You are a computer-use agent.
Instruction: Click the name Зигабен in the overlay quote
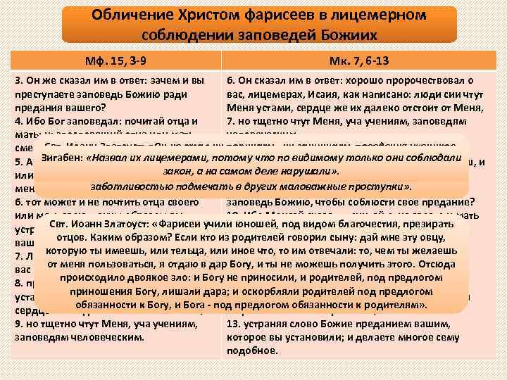[62, 157]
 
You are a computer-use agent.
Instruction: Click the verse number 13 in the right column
[233, 323]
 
